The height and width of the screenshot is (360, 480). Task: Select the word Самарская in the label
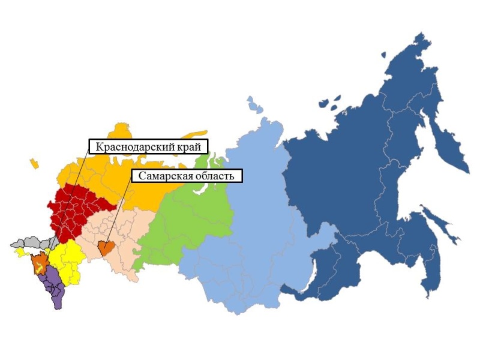tap(163, 176)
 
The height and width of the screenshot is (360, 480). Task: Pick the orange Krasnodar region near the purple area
tap(40, 262)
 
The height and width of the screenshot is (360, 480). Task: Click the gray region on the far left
tap(30, 242)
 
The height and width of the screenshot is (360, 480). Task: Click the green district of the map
tap(186, 216)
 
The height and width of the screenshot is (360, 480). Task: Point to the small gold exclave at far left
tap(34, 162)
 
